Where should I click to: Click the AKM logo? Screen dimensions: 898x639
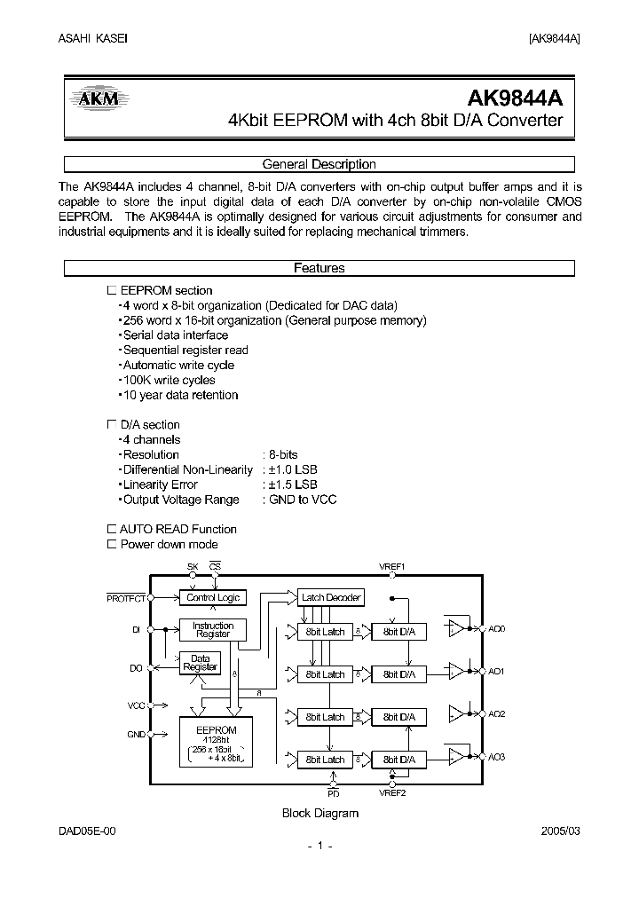coord(99,99)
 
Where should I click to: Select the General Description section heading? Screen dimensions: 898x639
coord(319,164)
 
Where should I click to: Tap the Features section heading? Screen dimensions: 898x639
coord(319,268)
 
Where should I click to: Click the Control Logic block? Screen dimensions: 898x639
coord(213,598)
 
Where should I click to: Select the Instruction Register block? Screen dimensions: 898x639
coord(213,630)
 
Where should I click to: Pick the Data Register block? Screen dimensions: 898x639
coord(200,663)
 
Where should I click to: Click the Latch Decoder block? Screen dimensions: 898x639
coord(331,598)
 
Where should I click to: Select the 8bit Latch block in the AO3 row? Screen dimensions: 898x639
coord(325,760)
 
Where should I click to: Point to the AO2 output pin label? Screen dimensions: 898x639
coord(496,713)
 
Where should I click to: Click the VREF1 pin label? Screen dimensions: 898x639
coord(391,566)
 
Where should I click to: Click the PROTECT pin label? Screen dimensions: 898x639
coord(126,598)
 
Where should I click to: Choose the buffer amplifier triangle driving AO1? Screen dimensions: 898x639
coord(456,670)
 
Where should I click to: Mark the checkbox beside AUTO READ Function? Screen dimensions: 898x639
coord(111,529)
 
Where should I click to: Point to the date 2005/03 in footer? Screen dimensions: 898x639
coord(561,830)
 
